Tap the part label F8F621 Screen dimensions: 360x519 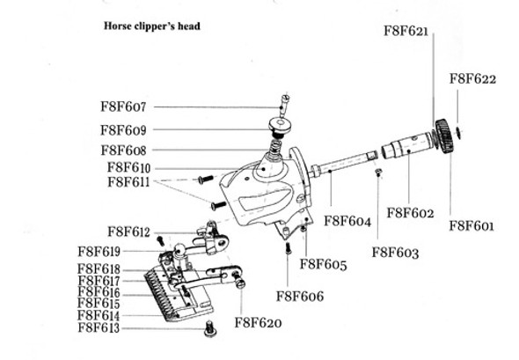406,32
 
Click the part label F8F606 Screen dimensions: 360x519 299,296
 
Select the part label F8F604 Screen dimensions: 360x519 349,220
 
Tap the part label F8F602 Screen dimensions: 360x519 411,212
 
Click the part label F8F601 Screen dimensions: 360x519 471,225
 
